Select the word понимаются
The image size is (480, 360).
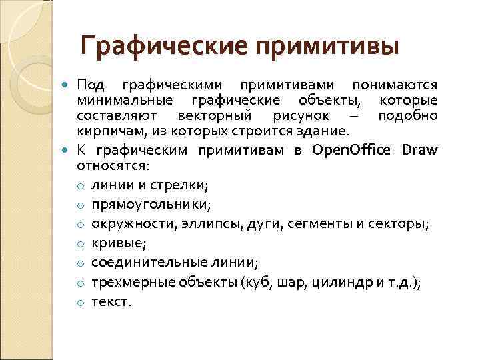pos(395,85)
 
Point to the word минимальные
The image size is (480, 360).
pos(125,101)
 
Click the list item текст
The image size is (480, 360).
pos(111,301)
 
